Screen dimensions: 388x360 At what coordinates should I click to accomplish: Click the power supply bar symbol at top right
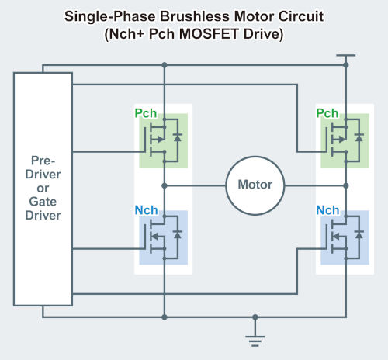tap(346, 55)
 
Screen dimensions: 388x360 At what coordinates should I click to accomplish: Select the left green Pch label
tap(146, 113)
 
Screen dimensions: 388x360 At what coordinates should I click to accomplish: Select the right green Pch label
tap(327, 113)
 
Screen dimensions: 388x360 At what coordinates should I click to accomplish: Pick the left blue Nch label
tap(146, 210)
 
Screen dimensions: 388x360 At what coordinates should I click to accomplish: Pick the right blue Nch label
tap(327, 210)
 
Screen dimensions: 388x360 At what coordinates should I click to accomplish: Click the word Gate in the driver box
tap(43, 202)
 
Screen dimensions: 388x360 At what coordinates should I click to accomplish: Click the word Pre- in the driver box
tap(43, 161)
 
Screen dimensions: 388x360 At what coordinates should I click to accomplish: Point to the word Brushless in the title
tap(195, 16)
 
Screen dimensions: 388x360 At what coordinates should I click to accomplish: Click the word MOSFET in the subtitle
tap(209, 34)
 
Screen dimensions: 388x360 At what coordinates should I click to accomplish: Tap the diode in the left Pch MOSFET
tap(178, 137)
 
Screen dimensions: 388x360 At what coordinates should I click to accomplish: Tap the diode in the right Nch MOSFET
tap(359, 234)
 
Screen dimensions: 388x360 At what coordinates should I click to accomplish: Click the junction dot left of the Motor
tap(165, 185)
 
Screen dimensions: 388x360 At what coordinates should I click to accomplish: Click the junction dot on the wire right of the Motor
tap(346, 185)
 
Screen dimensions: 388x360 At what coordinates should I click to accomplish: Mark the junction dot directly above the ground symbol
tap(255, 317)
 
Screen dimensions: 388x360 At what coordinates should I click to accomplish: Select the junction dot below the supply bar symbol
tap(346, 65)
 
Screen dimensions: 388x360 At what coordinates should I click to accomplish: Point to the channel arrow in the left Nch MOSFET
tap(155, 237)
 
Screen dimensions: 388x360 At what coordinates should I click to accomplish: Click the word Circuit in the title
tap(301, 16)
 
